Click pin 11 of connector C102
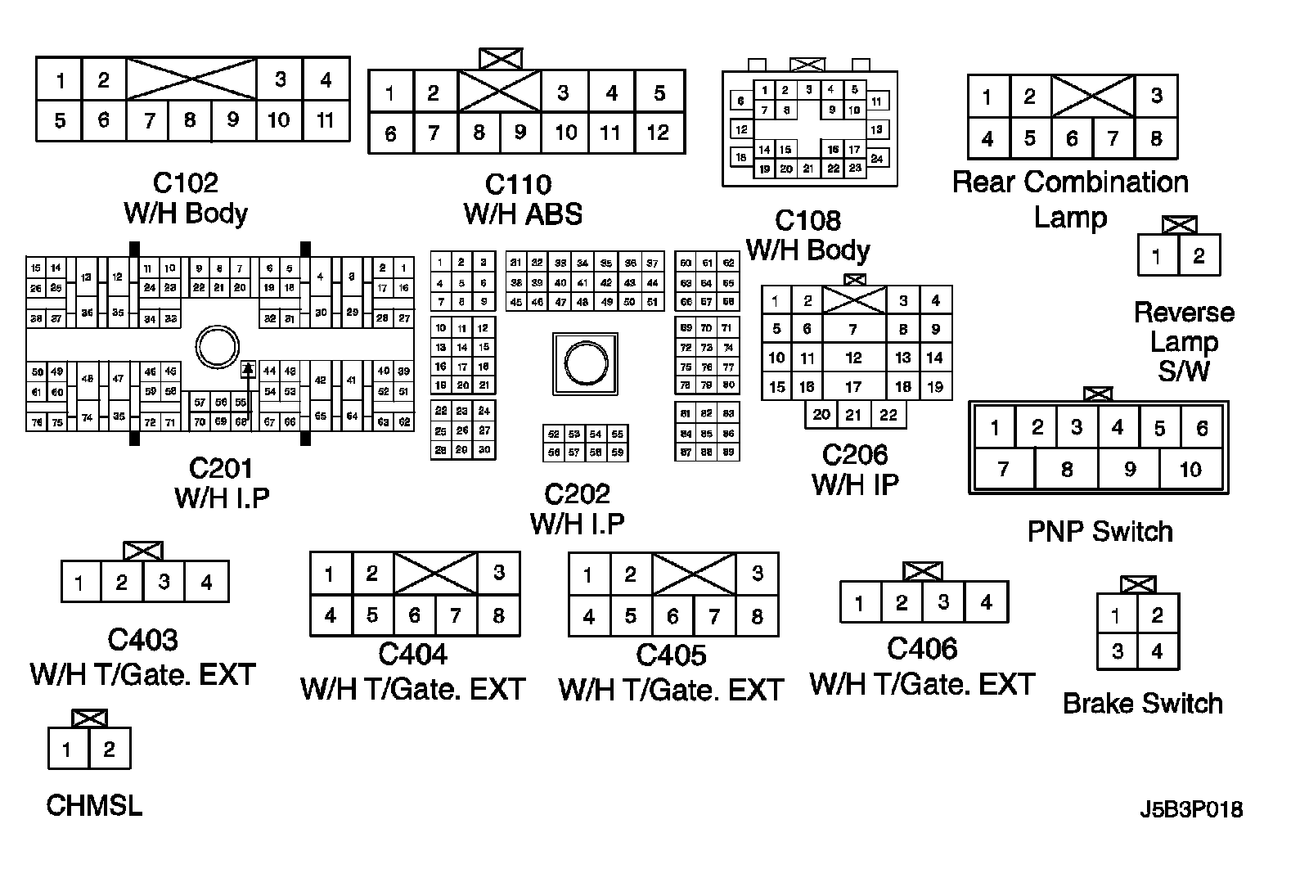click(326, 120)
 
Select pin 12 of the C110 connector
click(659, 133)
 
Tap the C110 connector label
click(519, 184)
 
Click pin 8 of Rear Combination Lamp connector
click(1156, 138)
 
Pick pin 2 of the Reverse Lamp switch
click(1199, 256)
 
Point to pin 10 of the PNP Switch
click(1191, 470)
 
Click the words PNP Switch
click(1100, 532)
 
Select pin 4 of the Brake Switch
click(1157, 652)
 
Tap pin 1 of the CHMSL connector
click(67, 749)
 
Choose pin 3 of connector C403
click(164, 582)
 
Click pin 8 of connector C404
click(498, 615)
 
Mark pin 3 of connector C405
click(757, 574)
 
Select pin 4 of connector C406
click(986, 603)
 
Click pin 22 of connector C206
click(888, 415)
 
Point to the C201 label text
click(221, 468)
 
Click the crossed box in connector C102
click(191, 79)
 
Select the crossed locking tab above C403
click(143, 551)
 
